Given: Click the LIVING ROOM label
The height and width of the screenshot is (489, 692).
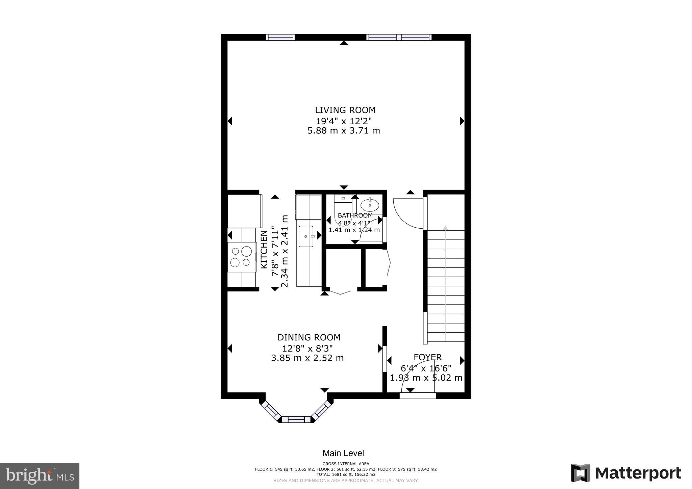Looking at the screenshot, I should tap(345, 110).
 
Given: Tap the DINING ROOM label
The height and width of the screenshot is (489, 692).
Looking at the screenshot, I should tap(309, 337).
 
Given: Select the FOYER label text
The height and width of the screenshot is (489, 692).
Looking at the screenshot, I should tap(427, 357).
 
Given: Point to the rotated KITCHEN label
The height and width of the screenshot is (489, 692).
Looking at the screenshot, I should tap(264, 250).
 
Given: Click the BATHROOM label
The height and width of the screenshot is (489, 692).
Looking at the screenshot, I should tap(355, 215).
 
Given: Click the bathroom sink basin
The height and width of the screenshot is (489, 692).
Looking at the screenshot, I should tap(370, 205).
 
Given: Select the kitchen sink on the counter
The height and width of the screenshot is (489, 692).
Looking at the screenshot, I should tap(306, 236).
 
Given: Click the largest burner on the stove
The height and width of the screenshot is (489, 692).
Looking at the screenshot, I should tap(246, 251).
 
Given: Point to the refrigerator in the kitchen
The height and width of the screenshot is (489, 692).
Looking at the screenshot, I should tap(244, 211).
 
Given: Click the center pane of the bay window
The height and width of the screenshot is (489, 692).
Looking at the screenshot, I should tap(296, 419).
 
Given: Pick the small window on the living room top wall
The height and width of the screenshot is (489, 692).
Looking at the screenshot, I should tap(280, 37).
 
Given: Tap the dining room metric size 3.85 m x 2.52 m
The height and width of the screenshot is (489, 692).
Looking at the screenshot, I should tap(307, 358).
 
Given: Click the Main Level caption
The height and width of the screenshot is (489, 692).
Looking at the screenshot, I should tap(343, 453).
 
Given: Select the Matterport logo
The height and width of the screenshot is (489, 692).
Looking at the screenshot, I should tap(626, 473).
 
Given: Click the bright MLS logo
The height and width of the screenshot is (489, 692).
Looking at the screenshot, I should tap(40, 476).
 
